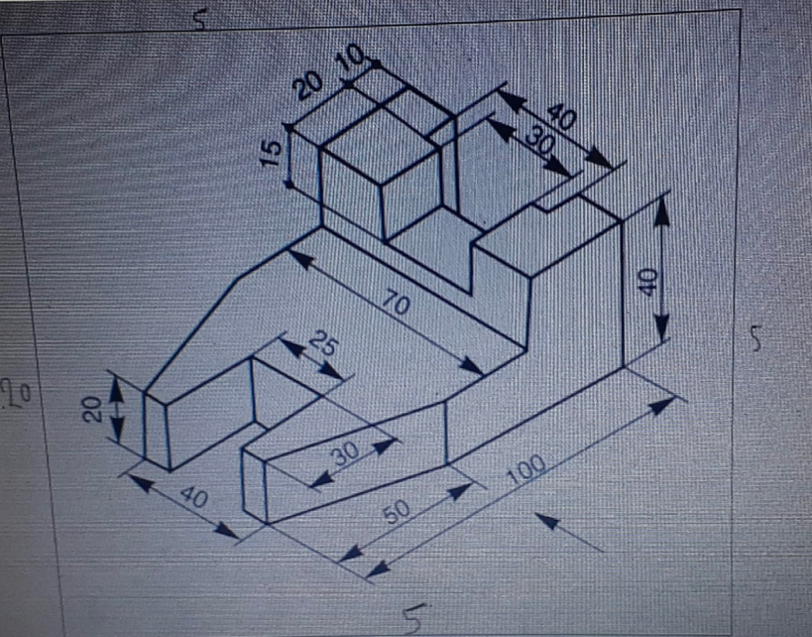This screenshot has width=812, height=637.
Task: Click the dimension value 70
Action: click(x=398, y=304)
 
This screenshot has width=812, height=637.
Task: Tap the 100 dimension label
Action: click(x=525, y=469)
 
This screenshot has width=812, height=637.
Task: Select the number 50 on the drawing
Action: click(x=398, y=511)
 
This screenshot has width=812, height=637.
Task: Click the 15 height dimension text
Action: click(x=272, y=154)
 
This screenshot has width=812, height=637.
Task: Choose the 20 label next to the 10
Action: click(x=308, y=86)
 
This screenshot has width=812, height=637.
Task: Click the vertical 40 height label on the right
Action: click(x=647, y=282)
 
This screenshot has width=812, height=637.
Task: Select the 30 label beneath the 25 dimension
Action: click(x=345, y=454)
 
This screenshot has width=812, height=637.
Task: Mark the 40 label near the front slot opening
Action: click(x=194, y=497)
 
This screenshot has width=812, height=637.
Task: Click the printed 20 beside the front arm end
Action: click(x=92, y=410)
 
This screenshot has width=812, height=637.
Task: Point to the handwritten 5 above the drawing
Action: click(x=200, y=20)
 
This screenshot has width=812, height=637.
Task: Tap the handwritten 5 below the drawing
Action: click(x=415, y=618)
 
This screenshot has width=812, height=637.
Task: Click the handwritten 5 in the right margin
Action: click(x=757, y=338)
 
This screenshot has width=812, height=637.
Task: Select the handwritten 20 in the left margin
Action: click(x=16, y=394)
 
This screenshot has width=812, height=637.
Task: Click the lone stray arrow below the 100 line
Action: click(x=569, y=532)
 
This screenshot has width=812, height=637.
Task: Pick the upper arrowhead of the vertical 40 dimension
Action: click(x=660, y=211)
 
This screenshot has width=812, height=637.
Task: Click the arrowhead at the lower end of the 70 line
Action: click(x=471, y=366)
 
